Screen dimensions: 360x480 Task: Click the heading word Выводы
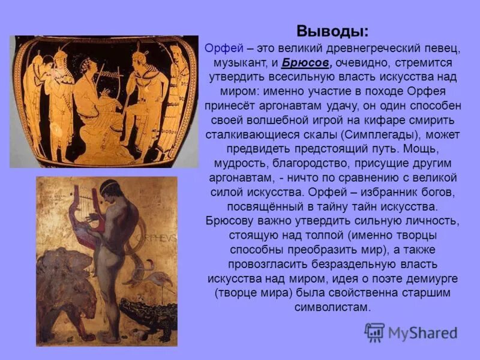pos(332,31)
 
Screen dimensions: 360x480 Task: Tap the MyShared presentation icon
pos(374,332)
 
